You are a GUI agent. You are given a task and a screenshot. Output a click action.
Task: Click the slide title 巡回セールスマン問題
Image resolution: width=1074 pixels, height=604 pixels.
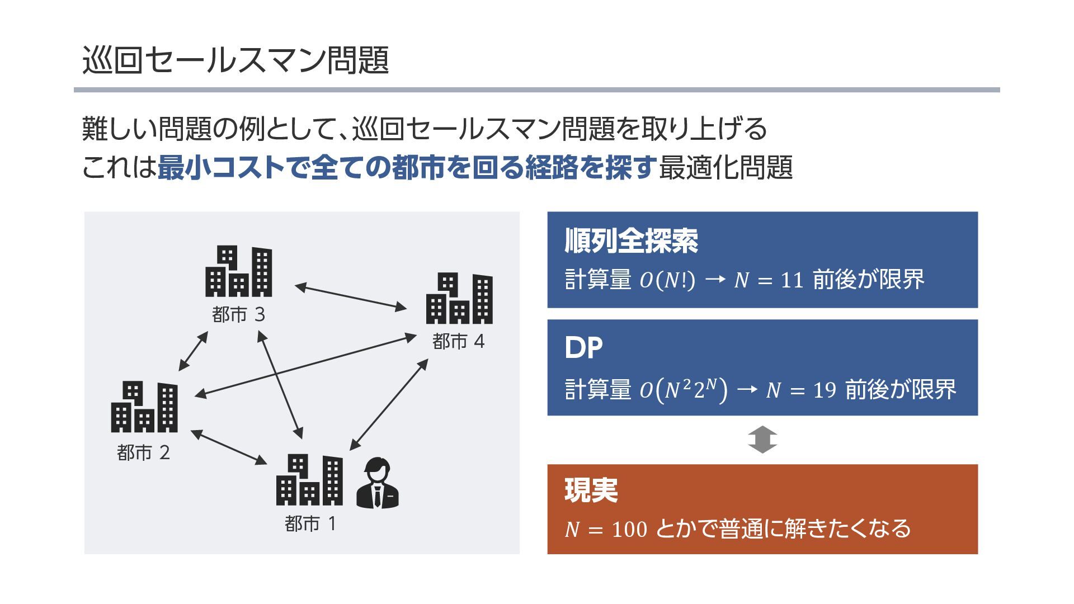pos(235,60)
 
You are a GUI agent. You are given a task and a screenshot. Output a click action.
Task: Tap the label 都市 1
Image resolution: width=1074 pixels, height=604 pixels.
pos(310,524)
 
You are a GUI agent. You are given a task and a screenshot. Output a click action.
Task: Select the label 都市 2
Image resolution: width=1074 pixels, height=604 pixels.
pos(143,452)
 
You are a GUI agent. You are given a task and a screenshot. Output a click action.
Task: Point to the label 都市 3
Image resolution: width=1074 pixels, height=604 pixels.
pos(238,315)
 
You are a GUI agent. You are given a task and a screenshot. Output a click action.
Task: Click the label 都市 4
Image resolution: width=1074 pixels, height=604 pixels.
pos(458,342)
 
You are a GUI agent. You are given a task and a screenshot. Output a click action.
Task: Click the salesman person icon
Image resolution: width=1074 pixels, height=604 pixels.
pos(378,484)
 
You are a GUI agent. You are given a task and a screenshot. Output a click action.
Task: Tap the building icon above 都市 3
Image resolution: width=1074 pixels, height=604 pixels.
pos(239,271)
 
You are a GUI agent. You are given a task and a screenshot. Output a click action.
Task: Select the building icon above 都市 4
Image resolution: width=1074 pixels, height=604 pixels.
pos(459,299)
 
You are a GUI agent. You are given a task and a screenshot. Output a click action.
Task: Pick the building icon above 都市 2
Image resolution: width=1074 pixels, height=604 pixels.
pos(144,407)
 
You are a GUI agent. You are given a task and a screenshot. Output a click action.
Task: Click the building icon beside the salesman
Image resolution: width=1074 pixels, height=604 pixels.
pos(309,480)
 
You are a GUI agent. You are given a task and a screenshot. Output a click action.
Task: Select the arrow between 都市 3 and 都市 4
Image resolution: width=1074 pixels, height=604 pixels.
pos(351,297)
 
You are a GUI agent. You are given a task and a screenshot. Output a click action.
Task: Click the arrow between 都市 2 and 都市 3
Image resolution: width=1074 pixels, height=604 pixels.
pos(193,351)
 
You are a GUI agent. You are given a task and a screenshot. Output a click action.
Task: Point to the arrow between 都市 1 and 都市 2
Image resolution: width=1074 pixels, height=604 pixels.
pos(229,447)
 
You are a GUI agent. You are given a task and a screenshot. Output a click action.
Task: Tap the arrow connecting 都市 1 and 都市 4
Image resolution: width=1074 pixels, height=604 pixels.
pos(389,404)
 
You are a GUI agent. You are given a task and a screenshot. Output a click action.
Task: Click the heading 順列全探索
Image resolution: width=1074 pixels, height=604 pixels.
pos(631,242)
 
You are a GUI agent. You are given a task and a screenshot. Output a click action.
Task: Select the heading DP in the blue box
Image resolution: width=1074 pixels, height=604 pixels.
pos(583,348)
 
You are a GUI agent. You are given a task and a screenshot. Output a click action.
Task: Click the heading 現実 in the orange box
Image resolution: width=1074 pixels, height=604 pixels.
pos(591,490)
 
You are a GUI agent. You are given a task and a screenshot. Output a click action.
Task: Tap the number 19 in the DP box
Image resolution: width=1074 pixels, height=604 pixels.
pos(825,390)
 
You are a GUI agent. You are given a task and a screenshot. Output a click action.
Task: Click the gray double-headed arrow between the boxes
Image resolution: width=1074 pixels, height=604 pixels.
pos(762,440)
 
